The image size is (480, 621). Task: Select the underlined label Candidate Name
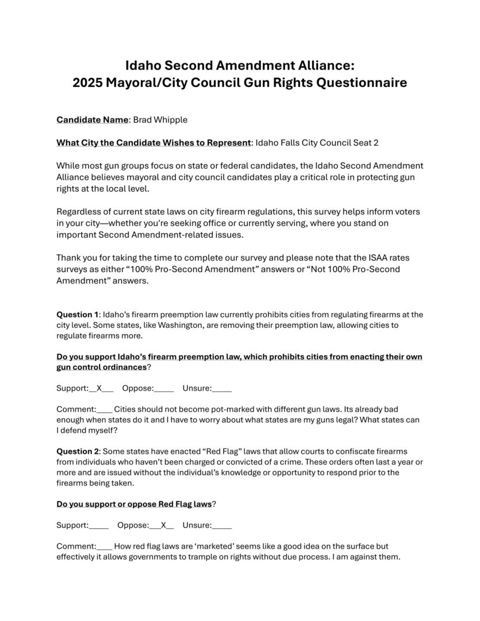[92, 120]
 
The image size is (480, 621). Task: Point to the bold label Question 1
[78, 315]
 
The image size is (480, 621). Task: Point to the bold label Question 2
[78, 451]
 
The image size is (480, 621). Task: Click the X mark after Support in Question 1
[99, 388]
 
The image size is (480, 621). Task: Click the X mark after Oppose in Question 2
[163, 525]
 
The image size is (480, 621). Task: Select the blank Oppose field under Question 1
[164, 388]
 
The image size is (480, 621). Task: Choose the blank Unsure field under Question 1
[222, 388]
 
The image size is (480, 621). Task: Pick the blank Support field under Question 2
[99, 525]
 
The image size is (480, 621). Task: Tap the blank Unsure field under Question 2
[222, 525]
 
